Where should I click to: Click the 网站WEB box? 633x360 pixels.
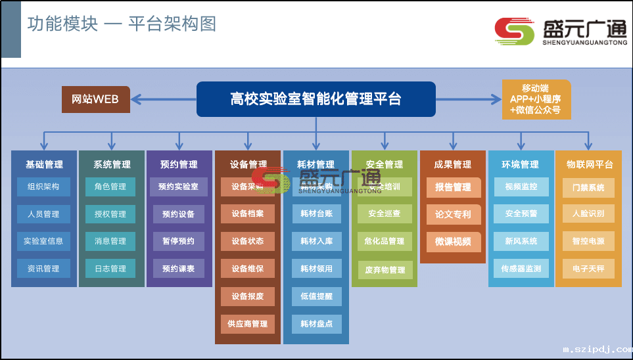click(96, 99)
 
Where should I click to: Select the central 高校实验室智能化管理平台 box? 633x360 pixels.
click(316, 99)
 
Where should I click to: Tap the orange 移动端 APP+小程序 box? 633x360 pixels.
click(536, 99)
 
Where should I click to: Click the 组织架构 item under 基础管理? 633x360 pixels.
click(43, 187)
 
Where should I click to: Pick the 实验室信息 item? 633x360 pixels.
click(43, 241)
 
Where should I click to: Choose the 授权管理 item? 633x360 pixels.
click(110, 214)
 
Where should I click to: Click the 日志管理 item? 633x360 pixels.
click(110, 269)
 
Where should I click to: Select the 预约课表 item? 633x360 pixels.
click(179, 269)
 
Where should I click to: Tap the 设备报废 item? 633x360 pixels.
click(247, 296)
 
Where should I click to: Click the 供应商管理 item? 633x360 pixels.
click(247, 324)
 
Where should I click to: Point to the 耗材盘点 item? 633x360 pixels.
click(316, 324)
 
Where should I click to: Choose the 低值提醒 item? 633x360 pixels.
click(316, 296)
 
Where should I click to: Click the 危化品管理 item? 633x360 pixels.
click(385, 241)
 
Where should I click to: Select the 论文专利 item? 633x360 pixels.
click(453, 214)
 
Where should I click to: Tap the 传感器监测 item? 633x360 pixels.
click(521, 269)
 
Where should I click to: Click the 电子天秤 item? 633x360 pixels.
click(588, 269)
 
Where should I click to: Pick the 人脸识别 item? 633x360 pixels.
click(588, 214)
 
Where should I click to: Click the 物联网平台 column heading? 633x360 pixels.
click(589, 164)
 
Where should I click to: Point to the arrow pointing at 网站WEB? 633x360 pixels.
click(135, 99)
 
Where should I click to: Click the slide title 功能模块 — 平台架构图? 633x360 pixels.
click(122, 24)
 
